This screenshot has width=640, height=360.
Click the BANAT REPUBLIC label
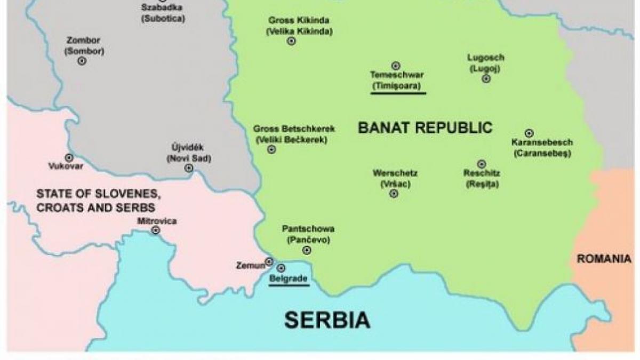coord(425,127)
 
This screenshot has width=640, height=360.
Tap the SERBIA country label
coord(326,319)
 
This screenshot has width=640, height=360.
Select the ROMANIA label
coord(604,259)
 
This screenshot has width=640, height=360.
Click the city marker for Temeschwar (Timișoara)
coord(396,66)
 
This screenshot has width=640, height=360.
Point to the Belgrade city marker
coord(281,268)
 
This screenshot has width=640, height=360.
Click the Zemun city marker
coord(269,261)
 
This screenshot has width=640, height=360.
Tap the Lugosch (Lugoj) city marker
coord(486,79)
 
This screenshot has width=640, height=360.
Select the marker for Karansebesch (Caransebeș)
coord(529,133)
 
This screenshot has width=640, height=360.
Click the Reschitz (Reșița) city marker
coord(482,164)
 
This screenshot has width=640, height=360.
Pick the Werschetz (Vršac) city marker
coord(394,194)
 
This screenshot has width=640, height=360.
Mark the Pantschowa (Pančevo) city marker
coord(307,250)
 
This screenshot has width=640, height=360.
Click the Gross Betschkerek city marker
coord(271,150)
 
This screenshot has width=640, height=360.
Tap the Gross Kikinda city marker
coord(291,41)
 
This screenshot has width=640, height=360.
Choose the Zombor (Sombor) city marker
coord(82,61)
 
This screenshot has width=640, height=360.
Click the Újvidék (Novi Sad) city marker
coord(188,168)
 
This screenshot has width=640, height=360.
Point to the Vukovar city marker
coord(68,157)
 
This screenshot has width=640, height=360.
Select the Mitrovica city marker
coord(156,230)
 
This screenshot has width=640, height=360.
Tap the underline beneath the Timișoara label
coord(398,93)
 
